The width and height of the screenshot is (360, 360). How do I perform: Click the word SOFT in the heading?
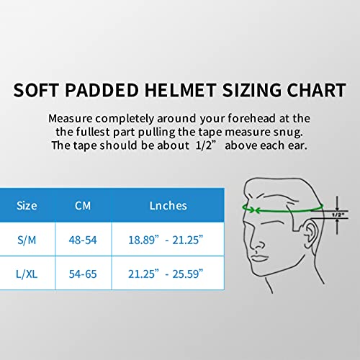[x=42, y=91]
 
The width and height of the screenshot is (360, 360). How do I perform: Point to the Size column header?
[x=27, y=205]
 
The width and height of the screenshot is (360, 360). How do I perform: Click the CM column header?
[x=83, y=205]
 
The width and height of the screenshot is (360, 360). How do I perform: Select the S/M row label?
[x=27, y=239]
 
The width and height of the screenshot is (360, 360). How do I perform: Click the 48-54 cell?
[x=83, y=239]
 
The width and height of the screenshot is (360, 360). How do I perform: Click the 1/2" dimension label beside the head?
[x=337, y=214]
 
